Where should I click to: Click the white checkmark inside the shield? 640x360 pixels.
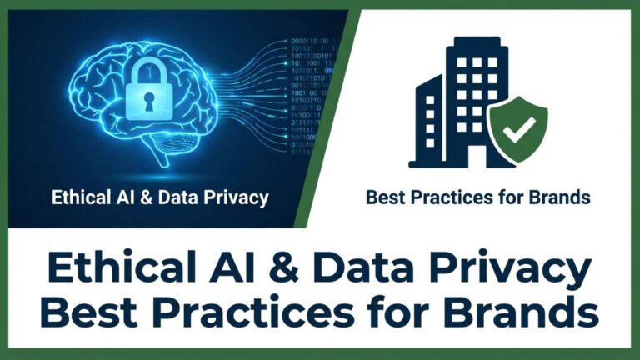click(519, 129)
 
